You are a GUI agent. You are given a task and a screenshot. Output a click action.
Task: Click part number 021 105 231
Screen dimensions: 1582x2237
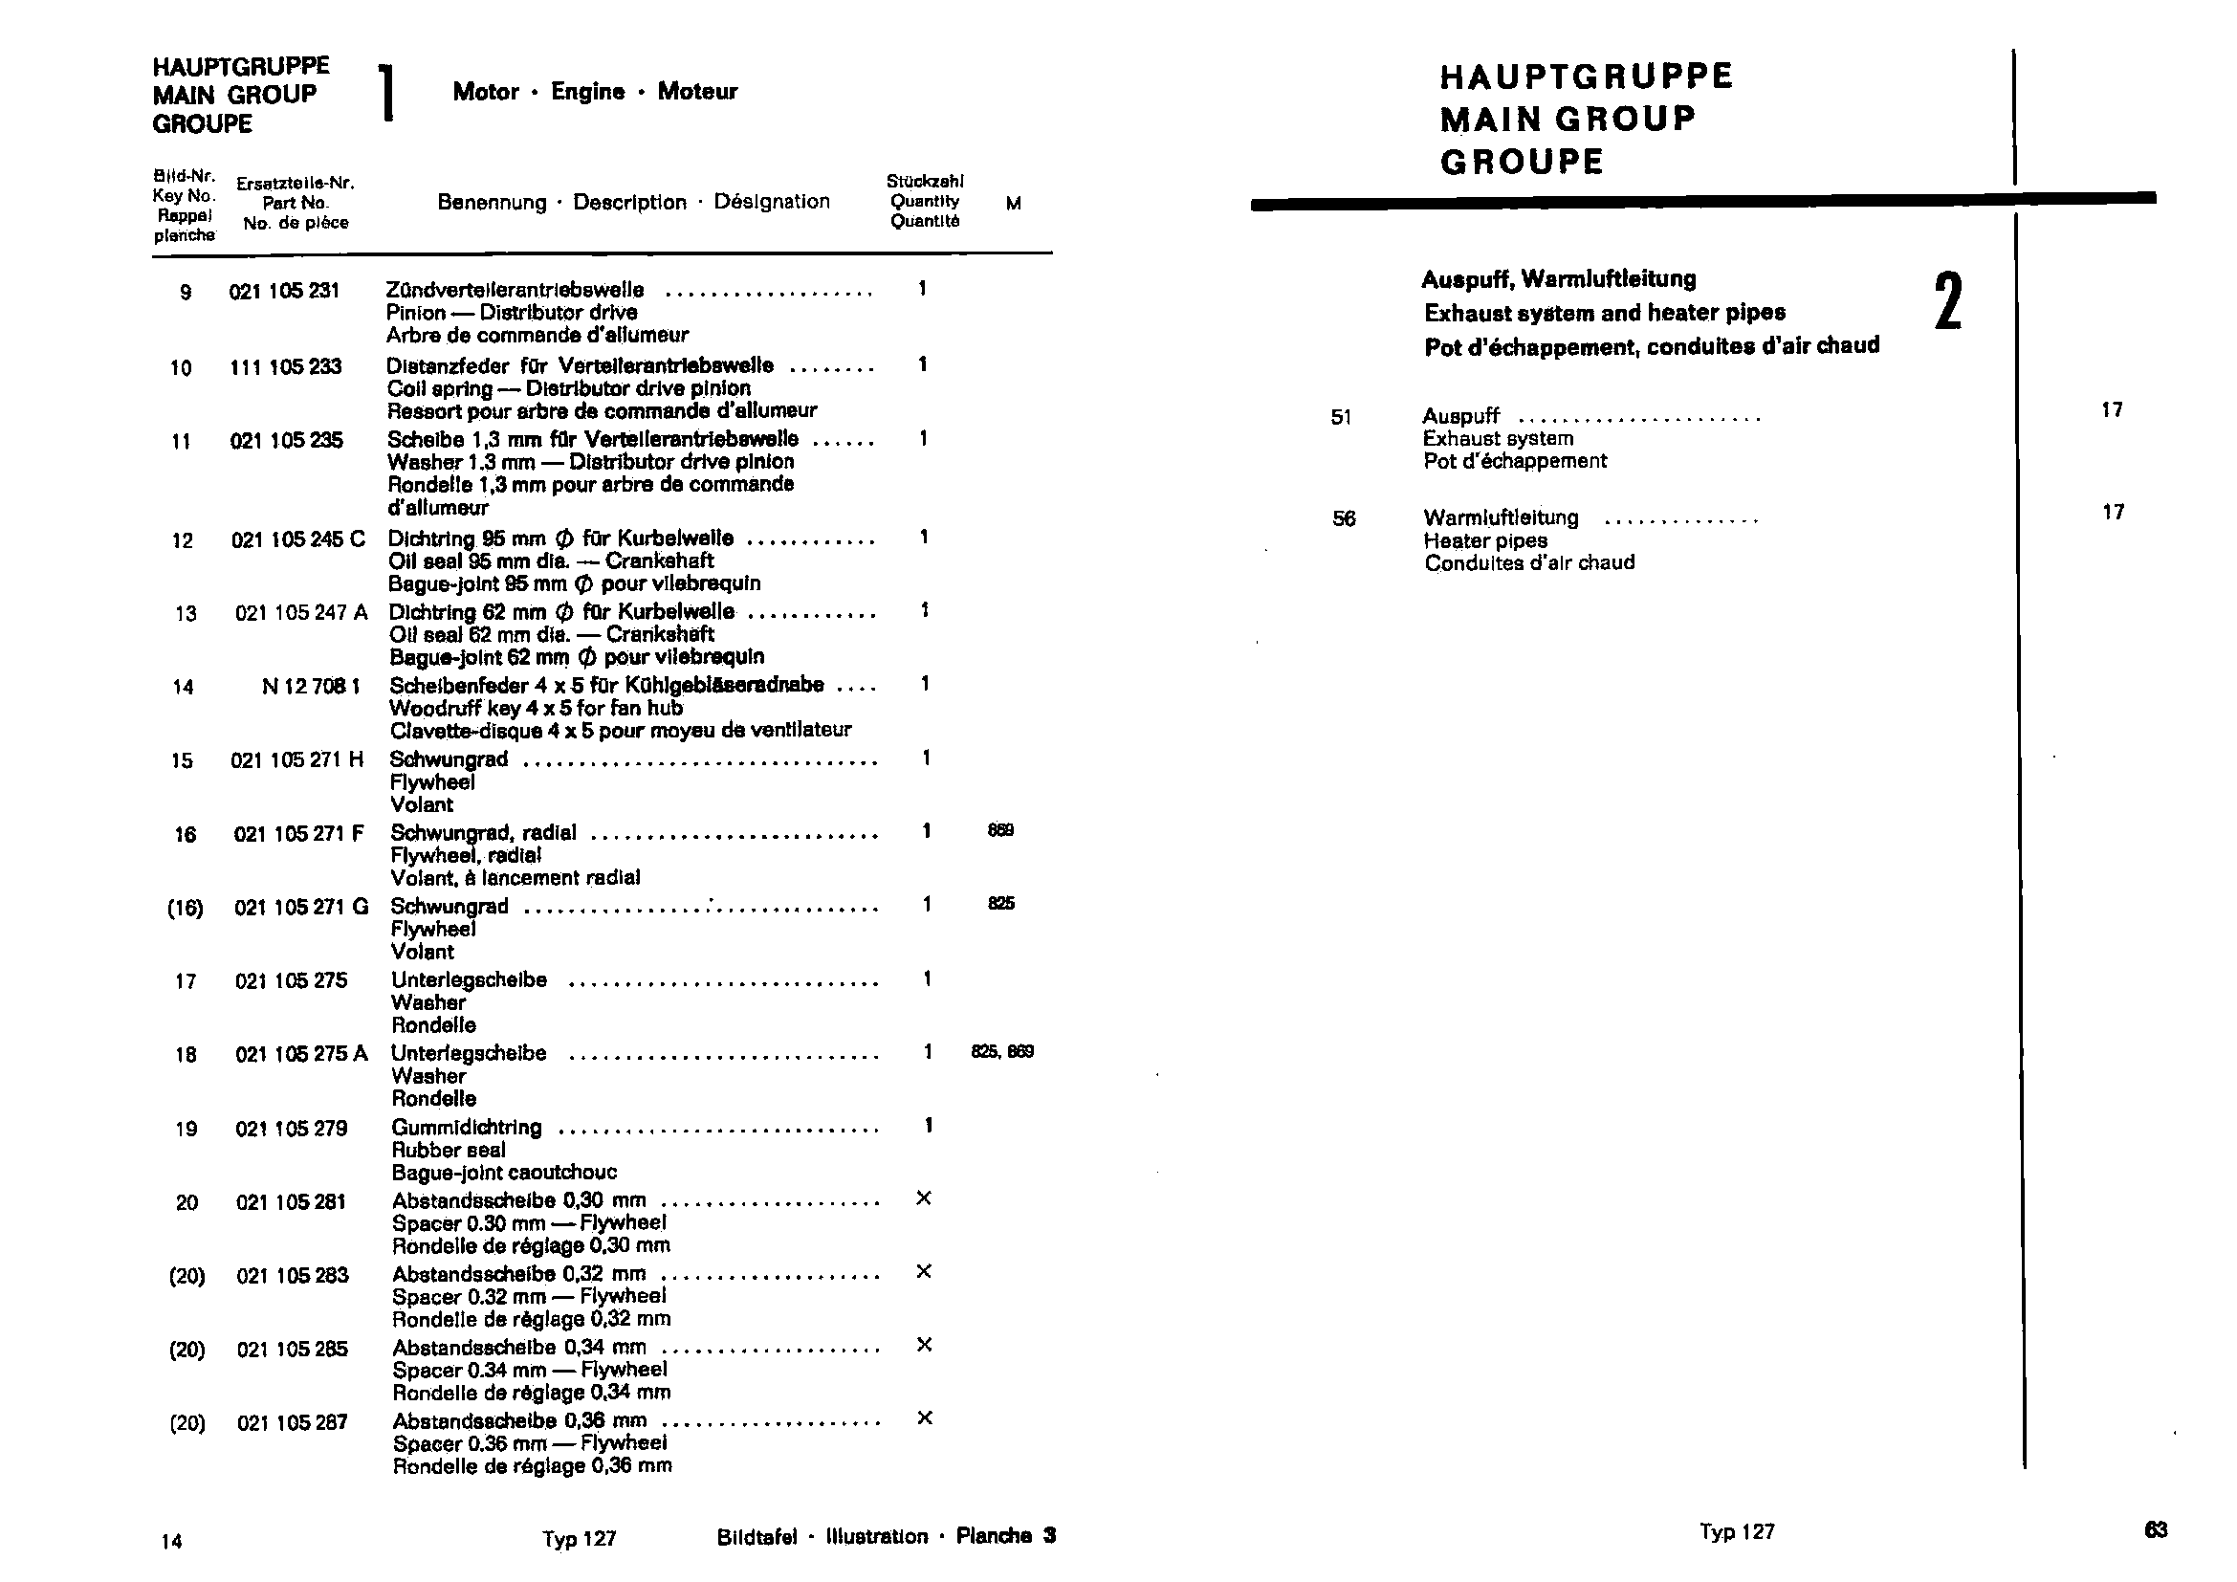click(283, 291)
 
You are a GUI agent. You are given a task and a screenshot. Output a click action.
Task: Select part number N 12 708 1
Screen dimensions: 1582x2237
click(311, 687)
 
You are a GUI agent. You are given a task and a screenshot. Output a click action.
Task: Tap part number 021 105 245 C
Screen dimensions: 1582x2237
click(297, 539)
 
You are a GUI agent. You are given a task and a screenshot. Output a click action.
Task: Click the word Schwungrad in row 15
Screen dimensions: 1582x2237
click(449, 758)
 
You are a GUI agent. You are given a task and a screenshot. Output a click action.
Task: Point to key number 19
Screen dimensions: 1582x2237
click(186, 1129)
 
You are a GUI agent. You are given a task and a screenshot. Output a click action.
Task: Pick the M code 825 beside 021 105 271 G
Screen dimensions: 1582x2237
click(1000, 903)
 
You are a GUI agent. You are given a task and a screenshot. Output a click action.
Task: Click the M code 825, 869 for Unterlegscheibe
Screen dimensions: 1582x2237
click(1001, 1051)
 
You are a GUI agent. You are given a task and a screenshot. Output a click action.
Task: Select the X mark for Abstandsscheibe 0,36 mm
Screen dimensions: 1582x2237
click(925, 1417)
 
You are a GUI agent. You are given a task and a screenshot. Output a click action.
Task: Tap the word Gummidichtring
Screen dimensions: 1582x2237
click(467, 1127)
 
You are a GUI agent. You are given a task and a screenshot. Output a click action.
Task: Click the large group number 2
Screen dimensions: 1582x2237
click(1947, 302)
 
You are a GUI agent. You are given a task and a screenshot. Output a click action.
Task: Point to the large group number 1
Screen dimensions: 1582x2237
click(387, 94)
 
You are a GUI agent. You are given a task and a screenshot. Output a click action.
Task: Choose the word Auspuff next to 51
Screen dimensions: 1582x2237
click(1460, 416)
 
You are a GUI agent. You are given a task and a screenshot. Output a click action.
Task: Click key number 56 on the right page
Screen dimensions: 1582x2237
click(1344, 518)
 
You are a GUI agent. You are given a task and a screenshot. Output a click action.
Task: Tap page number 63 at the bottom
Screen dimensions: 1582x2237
click(2155, 1529)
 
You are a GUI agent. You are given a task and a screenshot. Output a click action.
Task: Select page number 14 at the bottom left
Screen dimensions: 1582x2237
click(171, 1541)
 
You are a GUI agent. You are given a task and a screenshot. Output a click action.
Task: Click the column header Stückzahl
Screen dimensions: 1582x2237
click(925, 181)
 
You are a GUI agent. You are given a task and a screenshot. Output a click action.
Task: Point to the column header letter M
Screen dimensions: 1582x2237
click(1013, 204)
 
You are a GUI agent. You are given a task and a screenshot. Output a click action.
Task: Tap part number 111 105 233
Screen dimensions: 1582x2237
click(285, 367)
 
